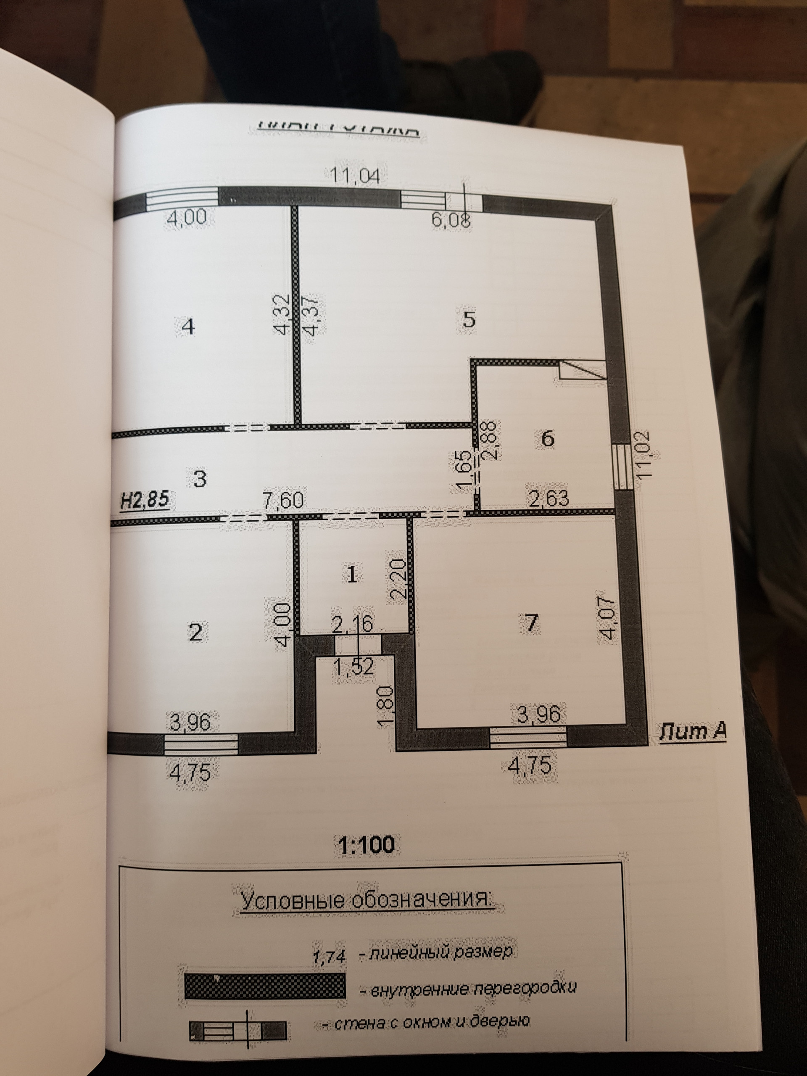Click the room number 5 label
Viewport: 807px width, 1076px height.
469,320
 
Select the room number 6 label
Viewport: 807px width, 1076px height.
547,439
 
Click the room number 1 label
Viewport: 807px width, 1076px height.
353,574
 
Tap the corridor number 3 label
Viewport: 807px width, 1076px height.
200,479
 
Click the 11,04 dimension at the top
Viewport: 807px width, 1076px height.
355,176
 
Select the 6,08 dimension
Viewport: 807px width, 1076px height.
451,220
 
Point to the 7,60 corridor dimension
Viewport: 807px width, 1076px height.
284,500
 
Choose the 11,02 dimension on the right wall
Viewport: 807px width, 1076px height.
646,455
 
